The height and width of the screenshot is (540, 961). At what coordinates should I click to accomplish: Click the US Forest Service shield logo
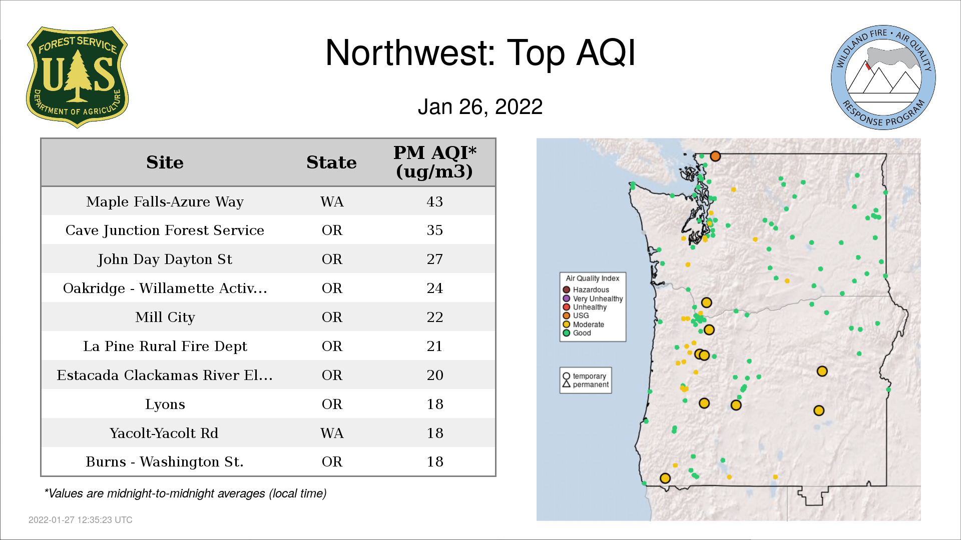point(77,77)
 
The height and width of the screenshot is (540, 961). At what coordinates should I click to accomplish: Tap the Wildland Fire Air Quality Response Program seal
point(883,77)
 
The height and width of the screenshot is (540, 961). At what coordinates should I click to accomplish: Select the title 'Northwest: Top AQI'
point(480,52)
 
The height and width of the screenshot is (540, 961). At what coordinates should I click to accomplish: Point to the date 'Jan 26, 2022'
point(480,106)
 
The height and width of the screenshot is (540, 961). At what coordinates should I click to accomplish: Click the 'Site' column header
point(165,162)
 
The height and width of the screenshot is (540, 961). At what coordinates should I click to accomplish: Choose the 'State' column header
point(331,162)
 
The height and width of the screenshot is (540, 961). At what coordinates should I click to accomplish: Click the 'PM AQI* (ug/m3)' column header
point(434,162)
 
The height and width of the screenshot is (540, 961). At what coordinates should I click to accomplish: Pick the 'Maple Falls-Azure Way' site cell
point(165,201)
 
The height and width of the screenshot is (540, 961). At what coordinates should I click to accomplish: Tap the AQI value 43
point(434,201)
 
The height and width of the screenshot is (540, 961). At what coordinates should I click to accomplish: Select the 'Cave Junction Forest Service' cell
point(165,230)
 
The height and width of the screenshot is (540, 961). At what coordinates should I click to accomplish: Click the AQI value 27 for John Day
point(434,259)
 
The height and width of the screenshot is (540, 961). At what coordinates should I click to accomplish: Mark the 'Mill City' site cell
point(165,317)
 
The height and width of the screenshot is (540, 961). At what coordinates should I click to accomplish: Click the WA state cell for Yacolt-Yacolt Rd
point(332,433)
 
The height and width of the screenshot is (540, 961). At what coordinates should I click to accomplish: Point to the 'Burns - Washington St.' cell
point(165,461)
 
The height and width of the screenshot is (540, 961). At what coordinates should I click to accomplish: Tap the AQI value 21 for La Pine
point(434,346)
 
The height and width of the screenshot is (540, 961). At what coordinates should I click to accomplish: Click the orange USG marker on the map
point(715,156)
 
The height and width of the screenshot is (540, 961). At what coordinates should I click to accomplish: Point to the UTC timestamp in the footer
point(81,520)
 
